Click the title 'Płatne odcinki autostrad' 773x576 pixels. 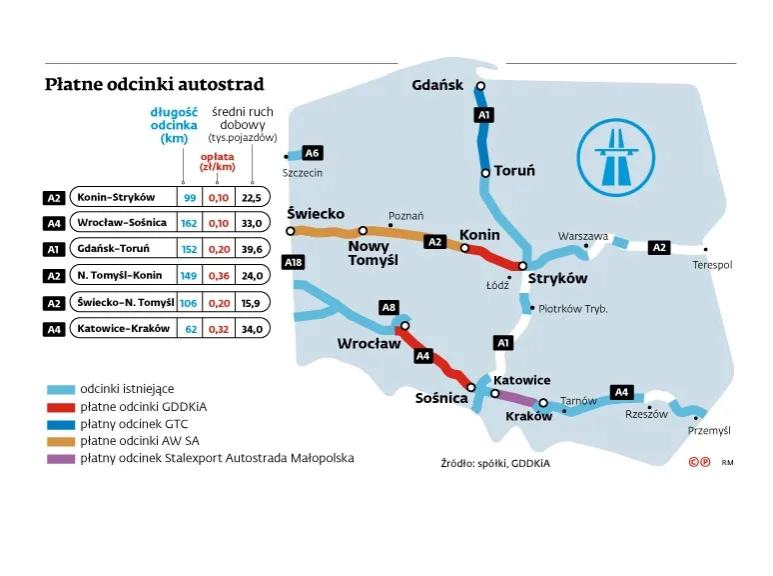click(155, 84)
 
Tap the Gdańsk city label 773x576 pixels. click(437, 85)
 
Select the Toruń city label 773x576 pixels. click(514, 171)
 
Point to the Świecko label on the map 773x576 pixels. click(315, 214)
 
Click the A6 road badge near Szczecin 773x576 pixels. click(312, 153)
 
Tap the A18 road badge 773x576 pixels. click(293, 262)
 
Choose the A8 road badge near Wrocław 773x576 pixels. click(389, 308)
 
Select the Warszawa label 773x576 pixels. click(583, 236)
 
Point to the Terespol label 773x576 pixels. click(712, 265)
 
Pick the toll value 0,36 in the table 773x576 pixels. click(218, 276)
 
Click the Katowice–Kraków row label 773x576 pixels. click(123, 328)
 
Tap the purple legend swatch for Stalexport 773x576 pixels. click(60, 459)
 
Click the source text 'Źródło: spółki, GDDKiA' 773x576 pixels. click(495, 463)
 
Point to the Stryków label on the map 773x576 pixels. click(557, 279)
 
